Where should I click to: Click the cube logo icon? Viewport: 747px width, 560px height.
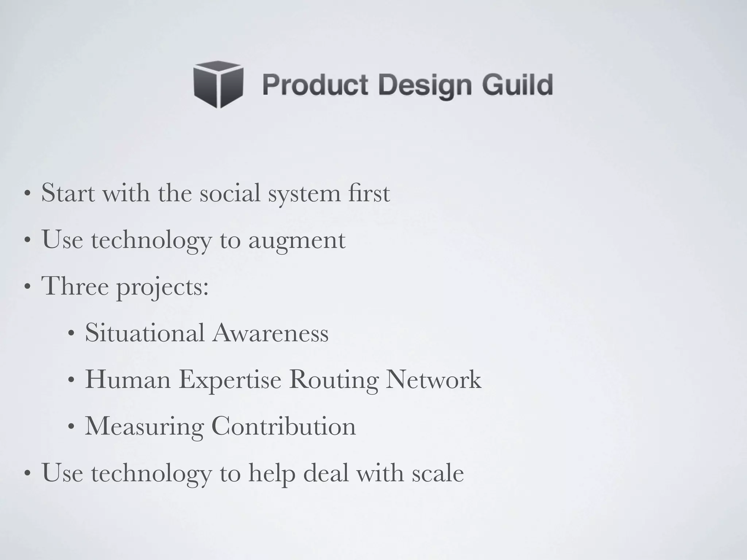[x=218, y=84]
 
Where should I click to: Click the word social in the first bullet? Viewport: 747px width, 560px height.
[x=230, y=193]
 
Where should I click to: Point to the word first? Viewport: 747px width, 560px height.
[x=369, y=193]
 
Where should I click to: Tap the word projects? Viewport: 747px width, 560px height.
[x=162, y=288]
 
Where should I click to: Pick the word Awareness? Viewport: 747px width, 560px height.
[x=270, y=333]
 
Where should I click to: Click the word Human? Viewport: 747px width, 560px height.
[x=128, y=380]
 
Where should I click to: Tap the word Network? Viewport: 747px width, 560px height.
[x=434, y=380]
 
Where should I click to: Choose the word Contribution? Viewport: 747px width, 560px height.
[x=283, y=426]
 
